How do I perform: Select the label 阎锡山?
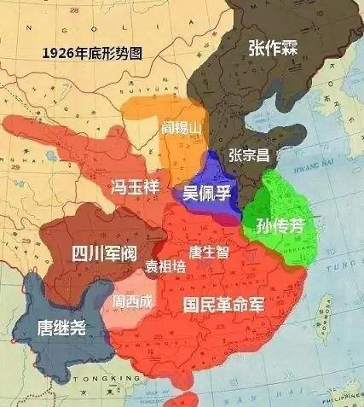pos(180,128)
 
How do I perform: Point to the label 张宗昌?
pos(249,154)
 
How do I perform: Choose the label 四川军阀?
pos(101,253)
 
